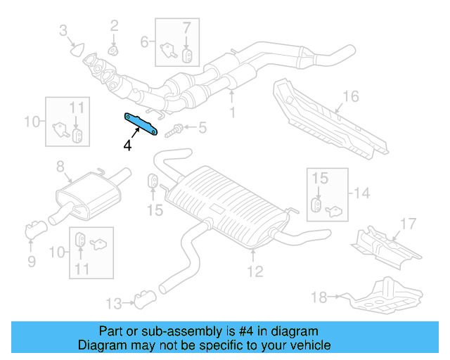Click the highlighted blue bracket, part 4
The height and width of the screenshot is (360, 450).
point(141,124)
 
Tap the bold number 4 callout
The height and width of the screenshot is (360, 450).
point(127,146)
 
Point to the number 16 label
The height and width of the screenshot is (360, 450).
point(351,96)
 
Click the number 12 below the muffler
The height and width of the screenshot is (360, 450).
point(255,271)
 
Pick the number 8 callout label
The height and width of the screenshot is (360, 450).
point(60,167)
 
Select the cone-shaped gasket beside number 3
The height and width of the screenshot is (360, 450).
point(76,50)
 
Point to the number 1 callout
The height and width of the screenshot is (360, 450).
point(232,112)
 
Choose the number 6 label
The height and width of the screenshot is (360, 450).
point(145,42)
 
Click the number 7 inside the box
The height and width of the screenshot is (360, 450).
point(186,28)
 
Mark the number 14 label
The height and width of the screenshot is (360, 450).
point(361,193)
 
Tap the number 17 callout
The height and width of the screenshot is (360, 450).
point(409,225)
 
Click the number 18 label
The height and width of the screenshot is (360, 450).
point(319,297)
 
